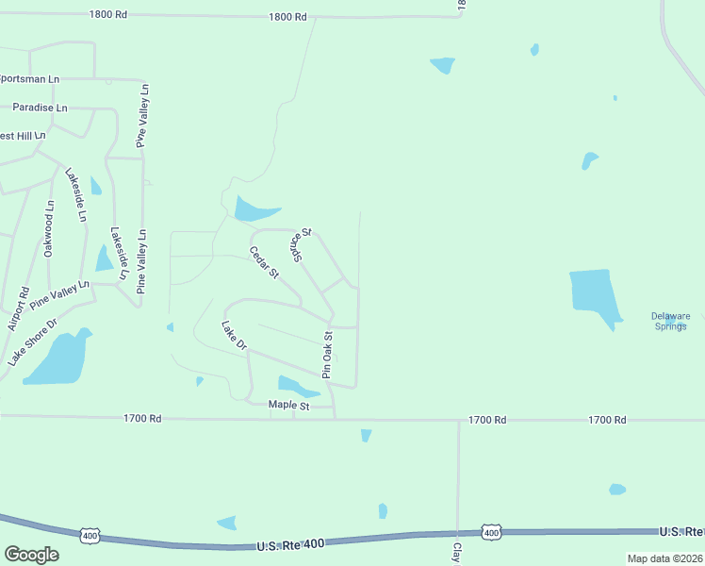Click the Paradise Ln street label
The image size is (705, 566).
click(x=40, y=108)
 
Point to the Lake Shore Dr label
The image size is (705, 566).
click(x=32, y=341)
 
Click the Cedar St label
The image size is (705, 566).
click(x=264, y=262)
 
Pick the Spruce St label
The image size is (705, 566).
click(x=301, y=244)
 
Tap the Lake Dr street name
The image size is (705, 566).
click(x=233, y=337)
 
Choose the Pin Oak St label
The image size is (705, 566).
click(x=328, y=354)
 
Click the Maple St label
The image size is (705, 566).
click(x=288, y=405)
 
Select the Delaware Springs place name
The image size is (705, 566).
click(x=671, y=321)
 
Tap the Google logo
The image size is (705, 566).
click(x=31, y=555)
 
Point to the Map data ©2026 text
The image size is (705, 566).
click(x=665, y=558)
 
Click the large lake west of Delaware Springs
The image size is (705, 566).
click(x=594, y=293)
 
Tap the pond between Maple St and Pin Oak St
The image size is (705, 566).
click(x=295, y=385)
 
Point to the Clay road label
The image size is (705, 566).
click(x=456, y=552)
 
